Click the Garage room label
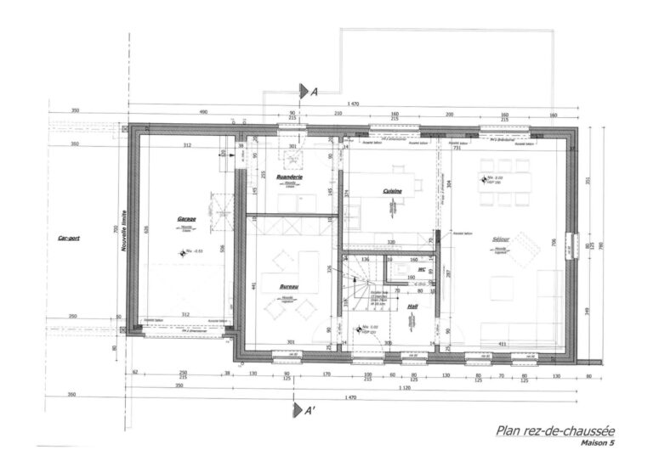[186, 219]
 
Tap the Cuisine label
[391, 192]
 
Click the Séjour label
[501, 240]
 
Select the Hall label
[412, 307]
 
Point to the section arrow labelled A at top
[305, 91]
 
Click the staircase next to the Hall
[355, 288]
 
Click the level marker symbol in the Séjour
[480, 178]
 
